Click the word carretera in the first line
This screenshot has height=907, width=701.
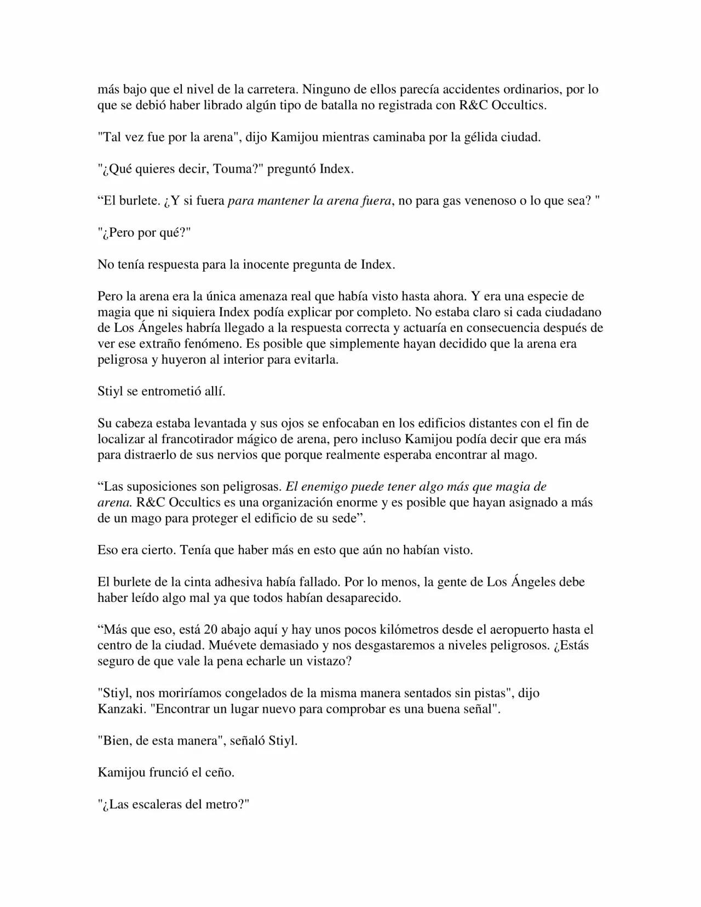271,89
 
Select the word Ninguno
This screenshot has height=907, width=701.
324,89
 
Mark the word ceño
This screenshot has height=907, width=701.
221,772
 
